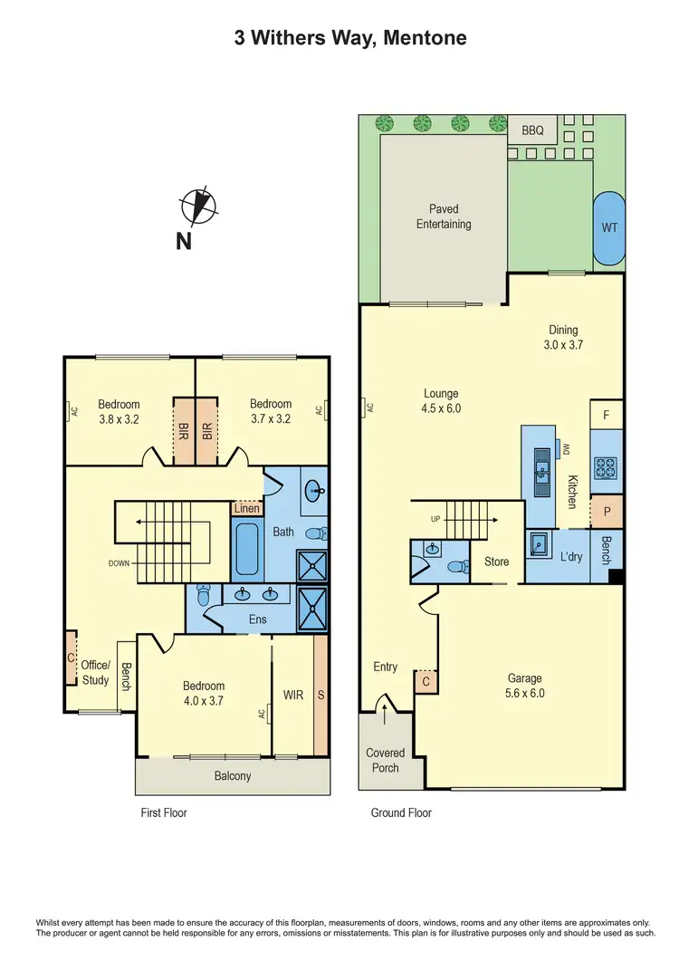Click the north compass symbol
198,206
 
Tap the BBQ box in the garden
532,130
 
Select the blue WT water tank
609,227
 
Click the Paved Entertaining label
444,216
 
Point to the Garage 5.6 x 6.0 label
525,686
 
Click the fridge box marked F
607,414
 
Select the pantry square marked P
607,511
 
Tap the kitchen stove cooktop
606,468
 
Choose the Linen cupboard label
247,509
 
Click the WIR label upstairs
293,695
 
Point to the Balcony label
233,776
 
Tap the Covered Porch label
386,760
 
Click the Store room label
496,562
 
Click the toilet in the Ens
204,597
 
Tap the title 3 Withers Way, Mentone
339,38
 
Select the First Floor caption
164,813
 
